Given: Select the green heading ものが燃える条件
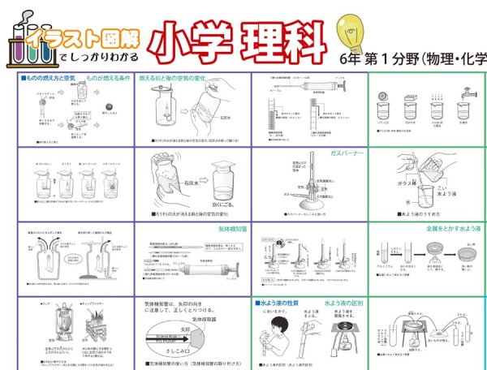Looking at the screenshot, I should click(103, 78).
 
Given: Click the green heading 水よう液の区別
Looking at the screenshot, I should click(345, 303).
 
